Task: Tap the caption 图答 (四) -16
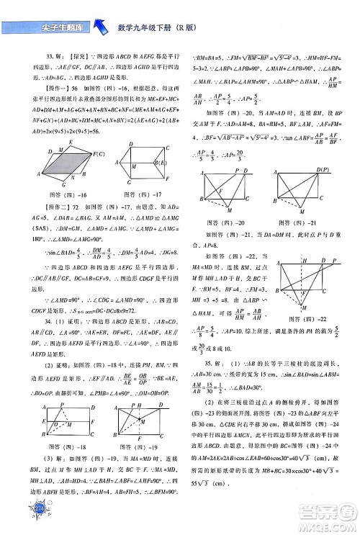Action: tap(71, 215)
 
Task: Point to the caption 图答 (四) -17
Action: tap(142, 215)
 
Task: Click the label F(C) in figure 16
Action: tap(99, 154)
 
